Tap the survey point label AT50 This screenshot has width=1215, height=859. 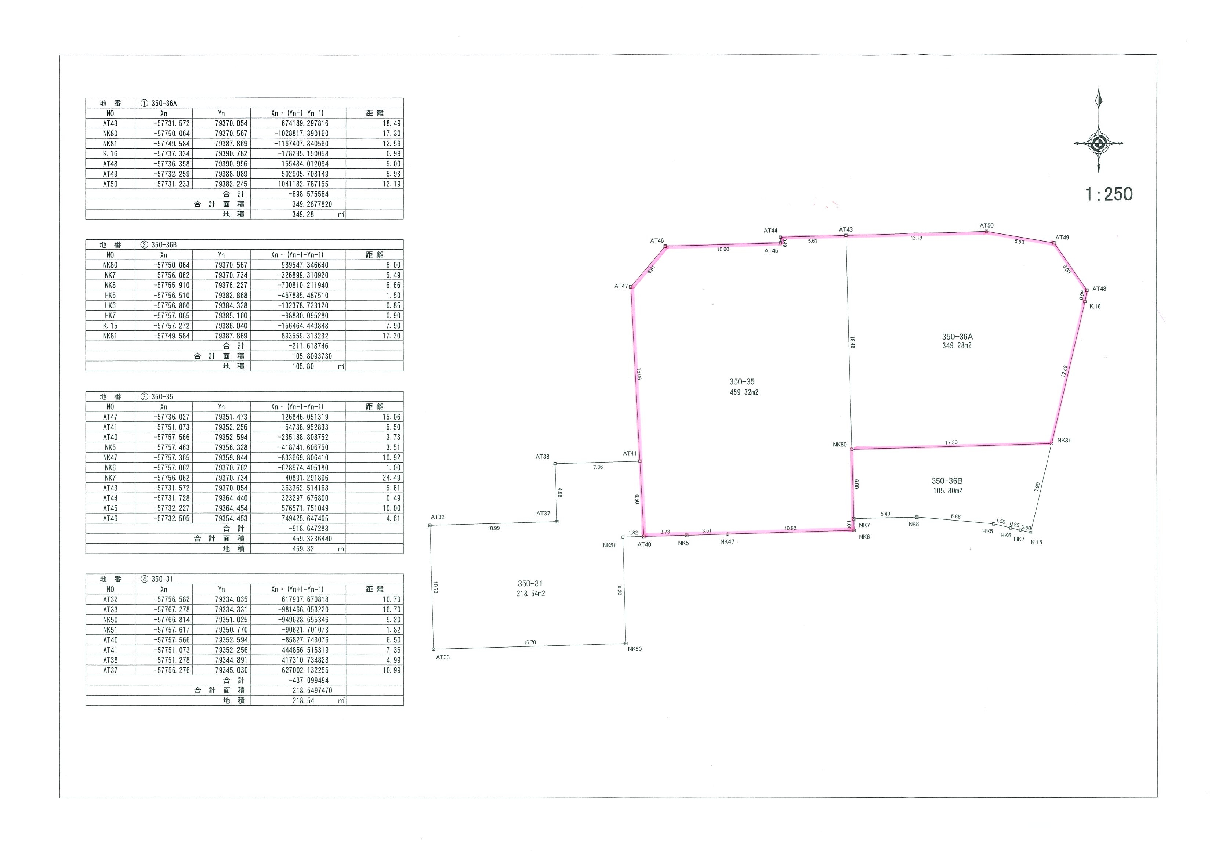click(986, 225)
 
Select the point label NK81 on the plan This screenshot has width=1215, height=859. click(1064, 441)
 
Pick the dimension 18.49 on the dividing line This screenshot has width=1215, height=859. click(852, 342)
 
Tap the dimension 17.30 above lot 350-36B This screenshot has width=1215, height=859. click(951, 442)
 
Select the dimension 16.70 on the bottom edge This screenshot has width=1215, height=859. click(530, 642)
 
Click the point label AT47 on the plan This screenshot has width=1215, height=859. click(621, 286)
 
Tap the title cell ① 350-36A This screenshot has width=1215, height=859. click(158, 103)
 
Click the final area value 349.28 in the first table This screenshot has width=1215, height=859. click(303, 214)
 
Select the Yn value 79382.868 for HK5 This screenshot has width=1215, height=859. click(231, 296)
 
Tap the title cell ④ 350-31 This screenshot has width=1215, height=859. click(157, 579)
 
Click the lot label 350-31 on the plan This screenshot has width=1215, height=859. click(531, 584)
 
